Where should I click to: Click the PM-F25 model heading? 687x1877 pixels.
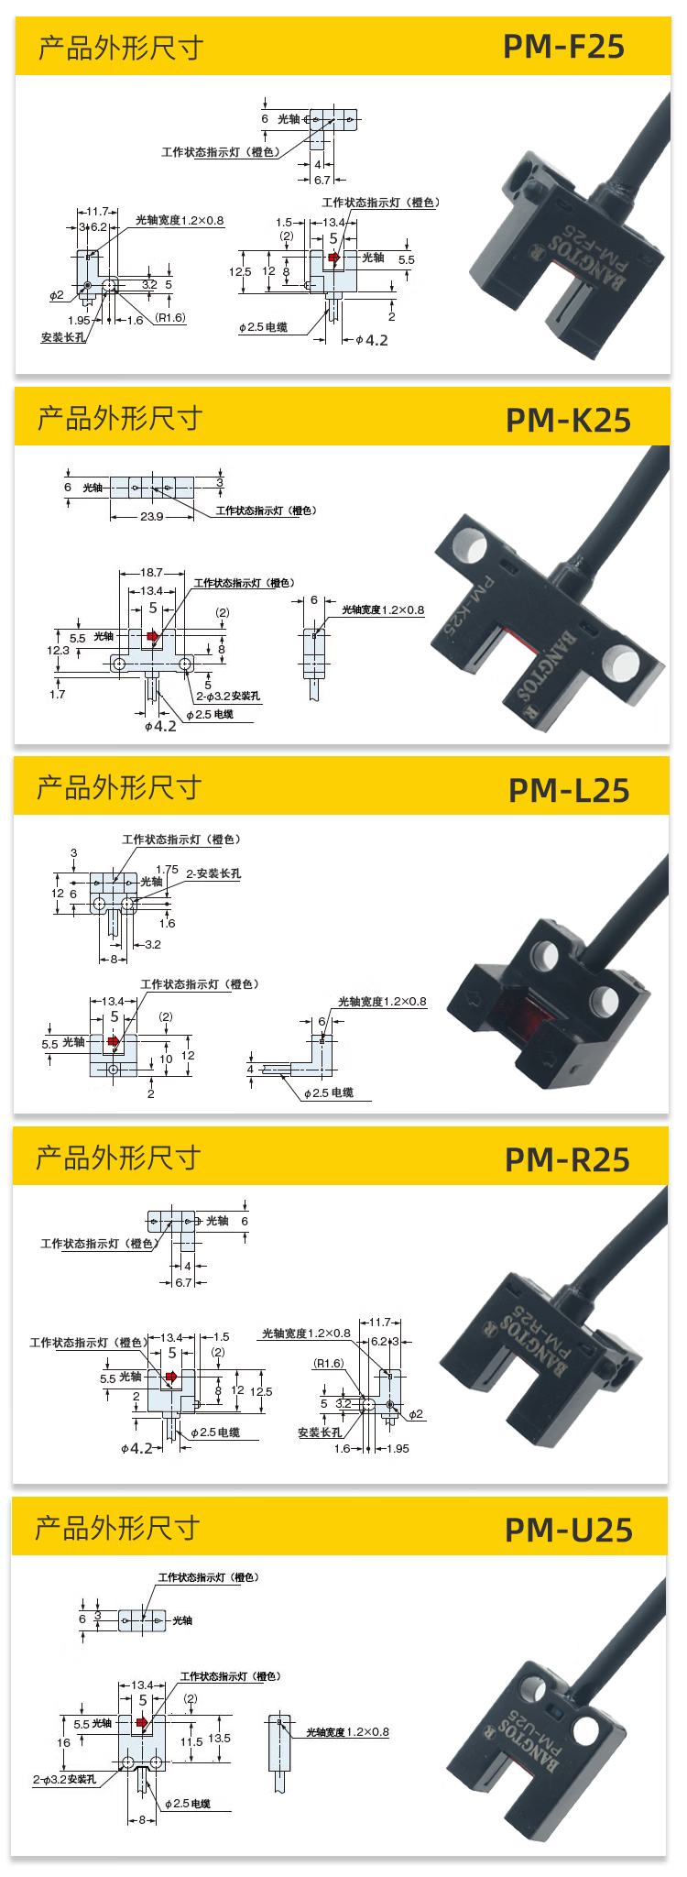coord(563,47)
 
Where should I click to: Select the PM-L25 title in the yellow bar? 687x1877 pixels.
coord(569,790)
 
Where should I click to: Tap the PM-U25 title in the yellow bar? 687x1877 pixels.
coord(569,1530)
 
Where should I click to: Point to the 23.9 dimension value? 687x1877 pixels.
coord(152,517)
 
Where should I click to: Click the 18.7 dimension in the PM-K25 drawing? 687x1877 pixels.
coord(152,573)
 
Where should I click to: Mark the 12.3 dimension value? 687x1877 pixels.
coord(58,650)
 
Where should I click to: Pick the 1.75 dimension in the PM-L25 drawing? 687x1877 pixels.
coord(167,869)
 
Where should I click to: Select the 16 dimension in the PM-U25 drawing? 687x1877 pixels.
coord(63,1742)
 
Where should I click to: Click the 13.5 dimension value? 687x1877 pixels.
coord(219,1738)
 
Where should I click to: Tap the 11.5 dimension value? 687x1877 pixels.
coord(191,1741)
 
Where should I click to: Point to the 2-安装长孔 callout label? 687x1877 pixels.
coord(213,873)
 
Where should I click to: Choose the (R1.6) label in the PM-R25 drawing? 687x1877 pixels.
coord(329,1363)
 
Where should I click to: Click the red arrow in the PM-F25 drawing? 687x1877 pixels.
coord(334,258)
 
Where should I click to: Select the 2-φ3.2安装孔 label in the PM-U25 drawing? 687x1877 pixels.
coord(64,1779)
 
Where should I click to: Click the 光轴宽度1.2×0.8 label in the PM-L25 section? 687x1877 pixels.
coord(382,1001)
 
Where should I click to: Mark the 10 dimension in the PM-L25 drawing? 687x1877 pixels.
coord(166,1059)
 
